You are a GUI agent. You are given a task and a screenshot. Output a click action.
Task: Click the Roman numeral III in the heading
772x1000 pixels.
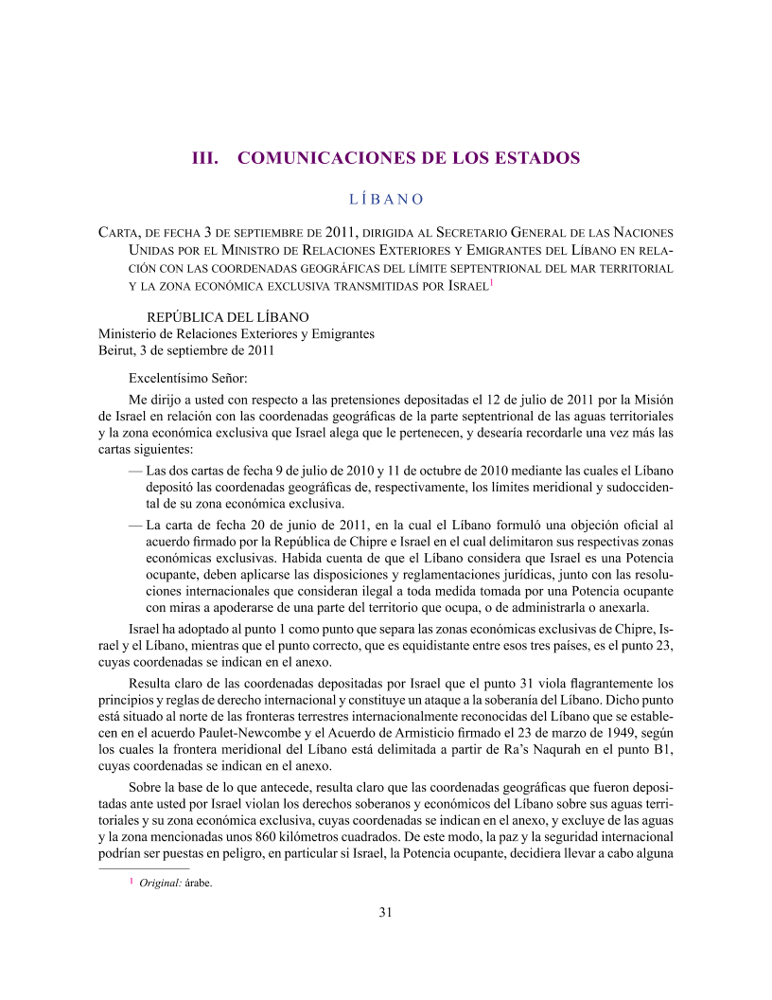click(206, 157)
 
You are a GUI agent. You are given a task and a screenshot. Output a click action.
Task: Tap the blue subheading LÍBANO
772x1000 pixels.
click(385, 200)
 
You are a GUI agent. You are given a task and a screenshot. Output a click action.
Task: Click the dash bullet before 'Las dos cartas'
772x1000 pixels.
click(134, 471)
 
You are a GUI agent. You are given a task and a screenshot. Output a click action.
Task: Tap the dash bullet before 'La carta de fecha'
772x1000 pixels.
click(134, 524)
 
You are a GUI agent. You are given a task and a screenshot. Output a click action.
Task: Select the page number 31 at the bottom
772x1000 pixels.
click(385, 913)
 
